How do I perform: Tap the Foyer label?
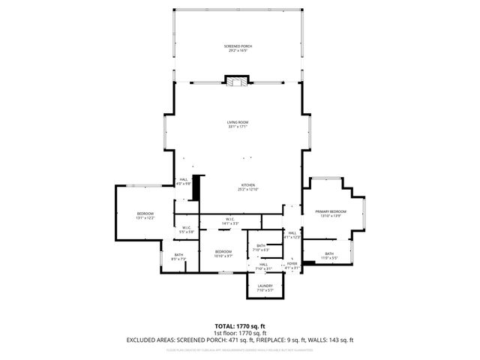point(292,264)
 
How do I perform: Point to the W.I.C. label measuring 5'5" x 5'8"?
point(186,229)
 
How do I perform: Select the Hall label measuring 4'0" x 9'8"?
point(184,180)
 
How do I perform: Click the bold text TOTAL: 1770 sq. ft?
point(239,326)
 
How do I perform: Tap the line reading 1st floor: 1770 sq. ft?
point(239,333)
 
